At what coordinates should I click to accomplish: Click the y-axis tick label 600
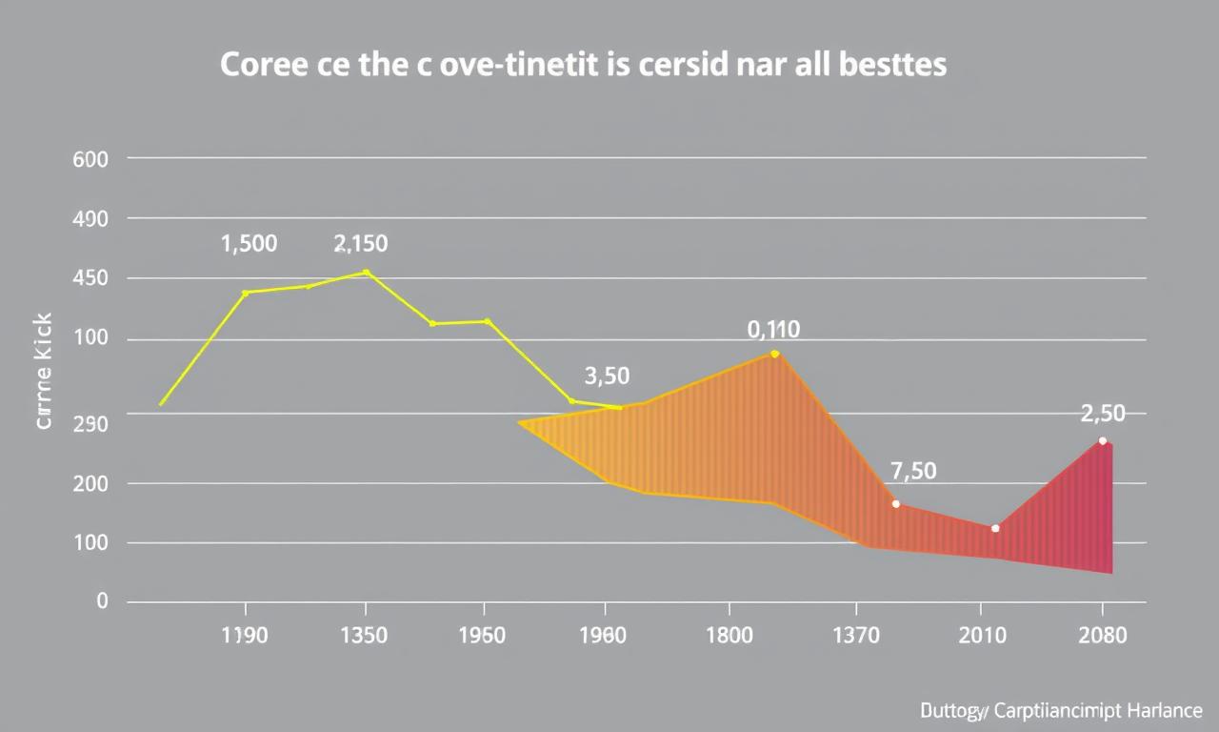[90, 160]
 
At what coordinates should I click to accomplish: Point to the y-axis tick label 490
[90, 219]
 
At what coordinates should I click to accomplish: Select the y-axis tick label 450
[90, 279]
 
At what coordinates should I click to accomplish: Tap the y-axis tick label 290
[90, 423]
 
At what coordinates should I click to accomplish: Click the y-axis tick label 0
[102, 601]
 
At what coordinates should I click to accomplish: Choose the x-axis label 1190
[244, 636]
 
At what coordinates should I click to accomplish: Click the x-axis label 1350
[363, 636]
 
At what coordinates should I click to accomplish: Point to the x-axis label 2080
[1102, 636]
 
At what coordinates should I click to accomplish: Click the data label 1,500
[249, 244]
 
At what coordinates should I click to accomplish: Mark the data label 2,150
[361, 244]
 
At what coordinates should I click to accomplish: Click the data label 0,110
[773, 331]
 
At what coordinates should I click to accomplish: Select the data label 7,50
[913, 471]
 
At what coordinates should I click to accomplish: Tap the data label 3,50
[607, 376]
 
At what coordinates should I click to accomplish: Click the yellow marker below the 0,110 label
[774, 354]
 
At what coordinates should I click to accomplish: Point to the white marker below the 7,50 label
[895, 503]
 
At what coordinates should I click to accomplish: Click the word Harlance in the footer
[1164, 711]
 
